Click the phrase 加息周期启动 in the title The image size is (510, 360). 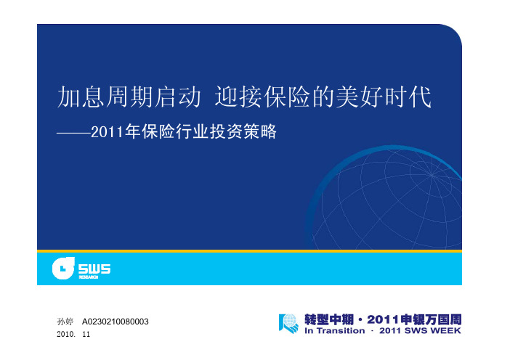[x=129, y=97]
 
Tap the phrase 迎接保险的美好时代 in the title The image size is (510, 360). [x=323, y=97]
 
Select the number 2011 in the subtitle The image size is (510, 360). [x=108, y=132]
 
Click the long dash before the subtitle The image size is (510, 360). [x=74, y=133]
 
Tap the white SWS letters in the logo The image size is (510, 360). [x=94, y=269]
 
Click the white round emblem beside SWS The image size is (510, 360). [x=63, y=268]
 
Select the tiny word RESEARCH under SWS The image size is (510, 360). [x=89, y=277]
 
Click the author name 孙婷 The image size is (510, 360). [x=65, y=322]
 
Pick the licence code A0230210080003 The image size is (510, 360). [x=115, y=322]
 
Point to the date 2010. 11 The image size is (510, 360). [x=73, y=334]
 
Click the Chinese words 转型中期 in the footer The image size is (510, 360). [x=329, y=319]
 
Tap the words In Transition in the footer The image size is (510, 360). [x=335, y=331]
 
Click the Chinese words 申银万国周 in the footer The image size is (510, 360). [x=431, y=319]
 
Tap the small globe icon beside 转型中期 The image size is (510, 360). [x=289, y=323]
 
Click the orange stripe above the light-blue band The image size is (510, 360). [x=249, y=251]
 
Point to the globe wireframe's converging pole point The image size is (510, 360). [x=432, y=175]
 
